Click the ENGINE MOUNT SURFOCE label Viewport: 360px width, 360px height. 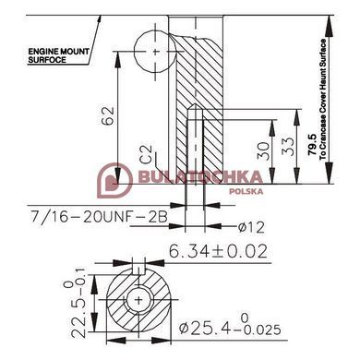pyautogui.click(x=58, y=55)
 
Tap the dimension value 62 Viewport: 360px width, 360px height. pyautogui.click(x=108, y=115)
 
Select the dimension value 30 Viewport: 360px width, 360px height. pyautogui.click(x=263, y=150)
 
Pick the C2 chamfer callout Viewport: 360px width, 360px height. pyautogui.click(x=147, y=153)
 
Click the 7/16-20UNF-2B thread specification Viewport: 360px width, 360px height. pyautogui.click(x=99, y=216)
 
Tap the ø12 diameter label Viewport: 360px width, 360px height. pyautogui.click(x=251, y=227)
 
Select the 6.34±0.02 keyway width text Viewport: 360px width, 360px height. pyautogui.click(x=218, y=251)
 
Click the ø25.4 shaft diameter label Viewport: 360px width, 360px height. pyautogui.click(x=230, y=328)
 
